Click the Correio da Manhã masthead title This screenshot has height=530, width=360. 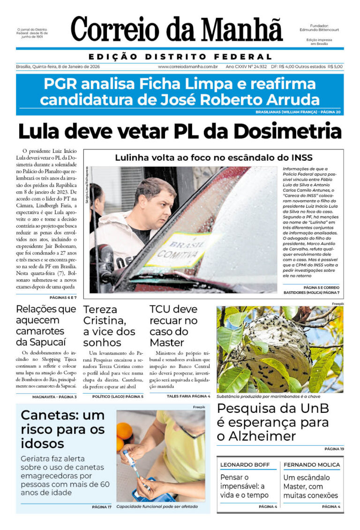pyautogui.click(x=177, y=30)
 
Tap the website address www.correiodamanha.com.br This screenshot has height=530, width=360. pyautogui.click(x=187, y=67)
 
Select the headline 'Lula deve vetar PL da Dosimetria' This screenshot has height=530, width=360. pyautogui.click(x=180, y=131)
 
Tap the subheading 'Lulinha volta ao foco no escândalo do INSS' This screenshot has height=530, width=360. pyautogui.click(x=213, y=158)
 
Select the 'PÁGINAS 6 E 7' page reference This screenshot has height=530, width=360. pyautogui.click(x=63, y=298)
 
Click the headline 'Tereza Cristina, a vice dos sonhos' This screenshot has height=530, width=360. pyautogui.click(x=109, y=326)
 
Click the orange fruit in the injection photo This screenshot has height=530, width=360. pyautogui.click(x=125, y=432)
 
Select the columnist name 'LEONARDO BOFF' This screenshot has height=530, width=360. pyautogui.click(x=245, y=465)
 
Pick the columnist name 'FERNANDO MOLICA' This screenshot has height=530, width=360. pyautogui.click(x=312, y=465)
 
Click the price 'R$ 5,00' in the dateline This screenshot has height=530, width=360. pyautogui.click(x=335, y=67)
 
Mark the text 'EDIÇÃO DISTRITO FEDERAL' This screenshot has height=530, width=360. pyautogui.click(x=180, y=57)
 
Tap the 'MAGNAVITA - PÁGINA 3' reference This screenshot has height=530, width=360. pyautogui.click(x=54, y=396)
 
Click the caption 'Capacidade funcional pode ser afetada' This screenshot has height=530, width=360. pyautogui.click(x=157, y=507)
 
